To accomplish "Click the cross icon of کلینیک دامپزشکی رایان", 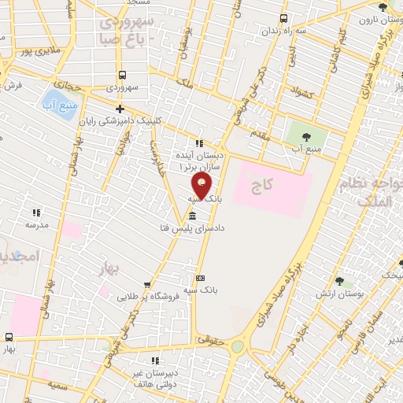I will point(120,109).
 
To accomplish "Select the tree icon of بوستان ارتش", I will point(339,281).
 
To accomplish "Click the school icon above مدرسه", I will point(35,213).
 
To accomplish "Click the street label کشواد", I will point(301,94).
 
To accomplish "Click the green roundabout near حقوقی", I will point(237,346).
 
